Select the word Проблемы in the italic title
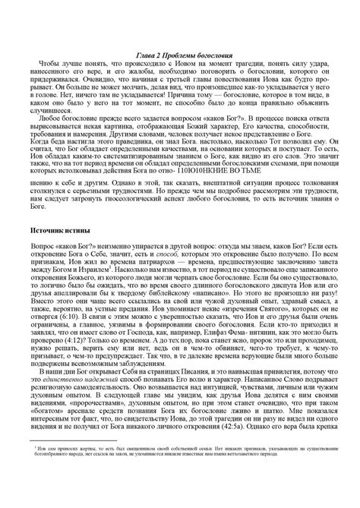[173, 56]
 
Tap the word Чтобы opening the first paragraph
[50, 65]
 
